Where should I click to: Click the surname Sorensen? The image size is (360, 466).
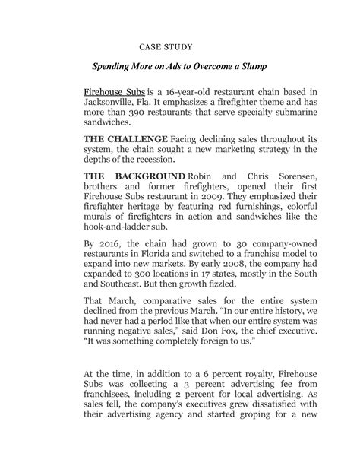coord(293,176)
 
